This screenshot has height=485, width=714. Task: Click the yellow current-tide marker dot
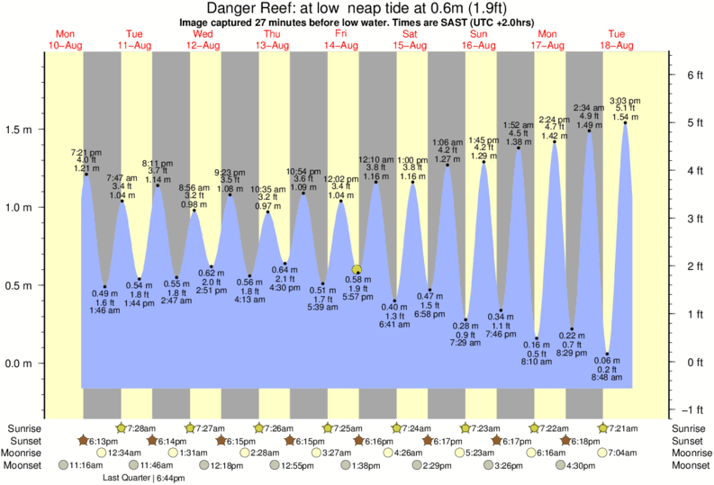point(357,269)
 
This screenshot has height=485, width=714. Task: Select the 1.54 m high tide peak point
point(625,123)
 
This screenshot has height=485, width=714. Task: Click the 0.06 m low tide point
point(608,354)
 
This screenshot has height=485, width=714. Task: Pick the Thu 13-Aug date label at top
point(272,39)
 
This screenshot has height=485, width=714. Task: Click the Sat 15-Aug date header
point(410,39)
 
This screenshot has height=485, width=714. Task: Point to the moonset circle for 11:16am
point(63,465)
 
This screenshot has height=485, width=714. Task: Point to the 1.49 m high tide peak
point(589,132)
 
